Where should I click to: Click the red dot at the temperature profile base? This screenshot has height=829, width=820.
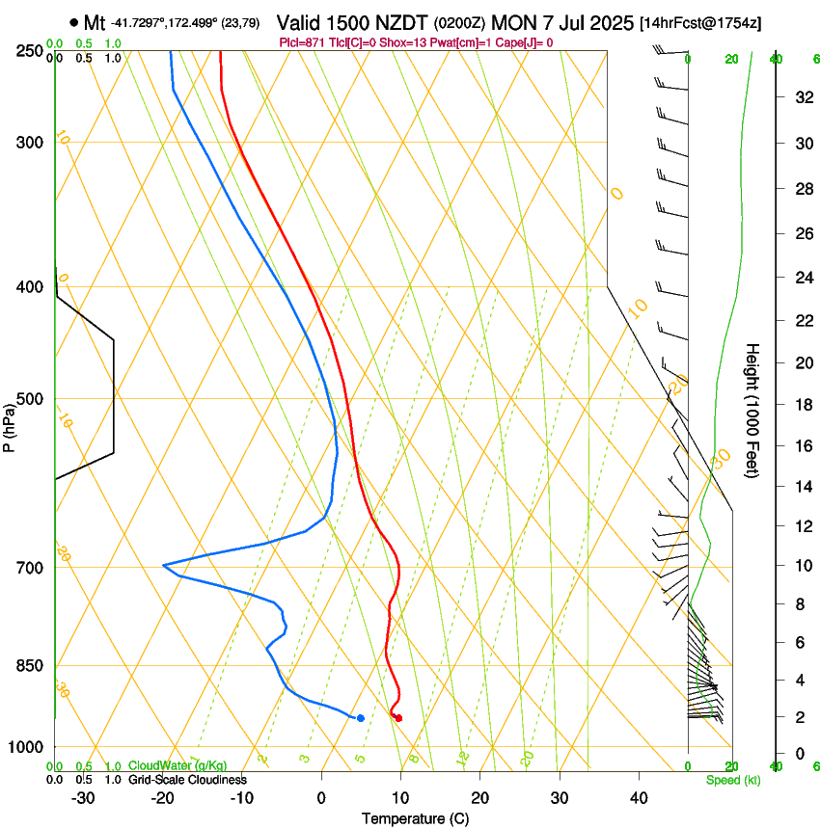tap(398, 718)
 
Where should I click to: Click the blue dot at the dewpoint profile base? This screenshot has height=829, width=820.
tap(360, 718)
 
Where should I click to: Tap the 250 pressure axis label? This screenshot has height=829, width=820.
tap(30, 50)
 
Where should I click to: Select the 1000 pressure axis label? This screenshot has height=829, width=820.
tap(26, 747)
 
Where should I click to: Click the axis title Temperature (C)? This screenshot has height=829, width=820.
tap(415, 818)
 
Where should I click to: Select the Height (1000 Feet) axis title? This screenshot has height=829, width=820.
tap(753, 410)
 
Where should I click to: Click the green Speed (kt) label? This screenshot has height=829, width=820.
tap(732, 780)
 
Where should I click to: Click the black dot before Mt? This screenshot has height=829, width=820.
tap(74, 22)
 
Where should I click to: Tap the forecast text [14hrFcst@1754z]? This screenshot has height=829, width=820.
tap(700, 22)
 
